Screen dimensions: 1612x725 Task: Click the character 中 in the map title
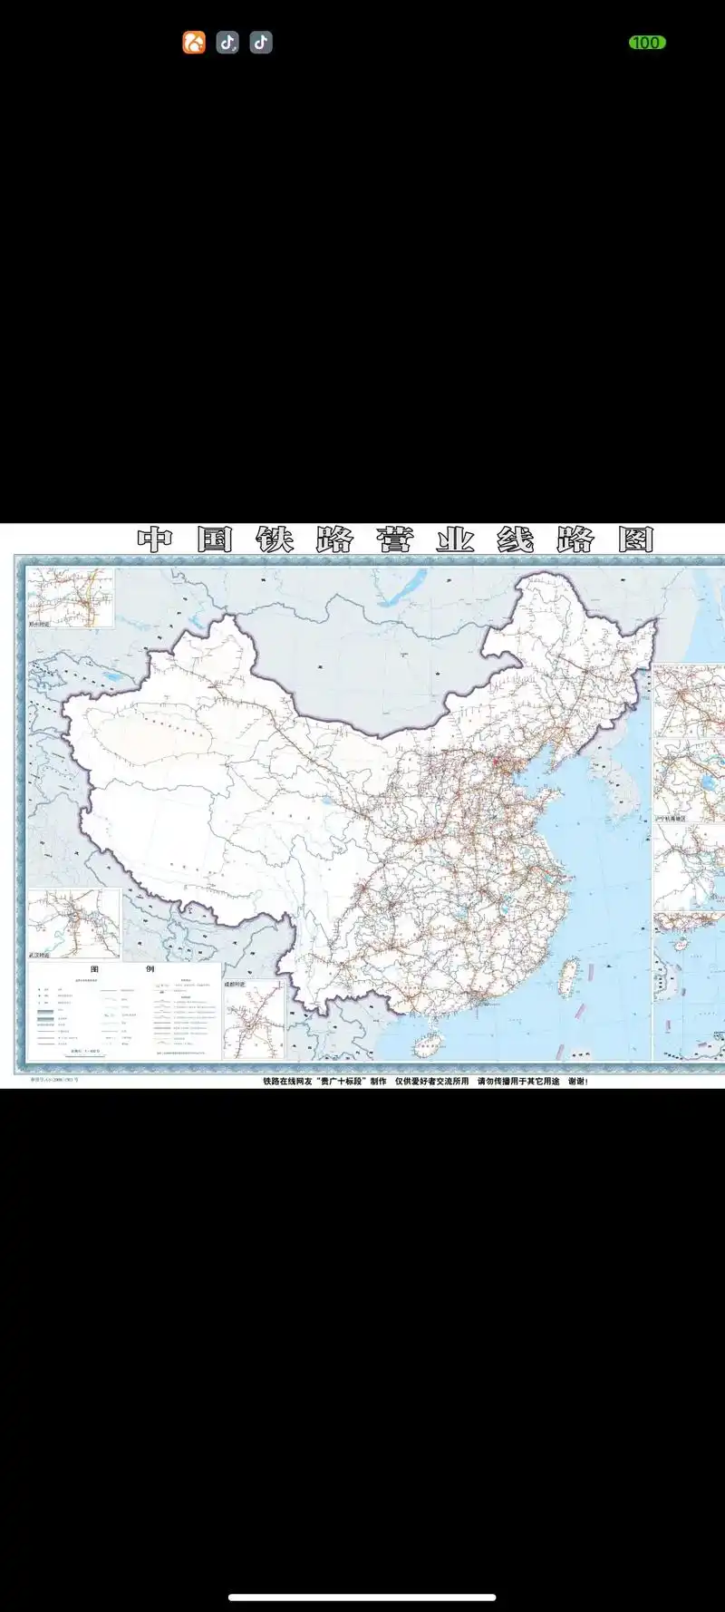click(x=155, y=540)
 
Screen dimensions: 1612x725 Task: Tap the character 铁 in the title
click(x=275, y=540)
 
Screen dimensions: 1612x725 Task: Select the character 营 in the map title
click(x=395, y=540)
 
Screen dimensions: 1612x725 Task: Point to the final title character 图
click(x=636, y=540)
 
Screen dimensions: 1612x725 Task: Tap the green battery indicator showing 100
click(x=647, y=43)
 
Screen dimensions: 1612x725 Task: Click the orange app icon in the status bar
click(x=194, y=43)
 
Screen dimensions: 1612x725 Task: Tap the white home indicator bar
click(x=362, y=1597)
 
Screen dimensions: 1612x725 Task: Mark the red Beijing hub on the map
click(x=497, y=764)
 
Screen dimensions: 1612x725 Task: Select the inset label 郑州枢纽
click(x=40, y=624)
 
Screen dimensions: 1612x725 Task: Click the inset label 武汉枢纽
click(x=40, y=955)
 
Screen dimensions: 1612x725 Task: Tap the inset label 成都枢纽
click(x=235, y=984)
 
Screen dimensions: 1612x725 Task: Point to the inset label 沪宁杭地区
click(x=672, y=819)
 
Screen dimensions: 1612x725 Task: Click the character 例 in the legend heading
click(x=150, y=969)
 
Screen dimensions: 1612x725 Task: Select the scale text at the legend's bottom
click(x=87, y=1051)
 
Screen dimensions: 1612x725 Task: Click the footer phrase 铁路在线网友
click(x=287, y=1082)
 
